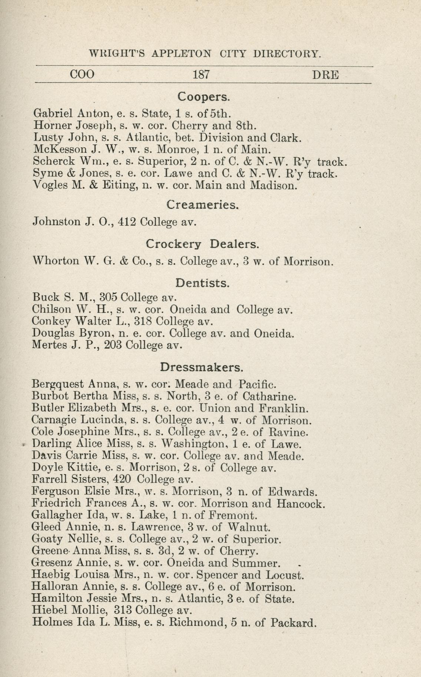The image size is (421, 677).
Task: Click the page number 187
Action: point(202,75)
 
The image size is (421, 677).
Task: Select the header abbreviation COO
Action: point(82,75)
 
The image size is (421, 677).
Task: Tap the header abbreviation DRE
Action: point(326,75)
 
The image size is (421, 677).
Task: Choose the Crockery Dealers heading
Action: point(202,244)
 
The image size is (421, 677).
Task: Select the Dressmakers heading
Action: point(202,367)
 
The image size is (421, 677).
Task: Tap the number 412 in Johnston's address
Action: point(127,222)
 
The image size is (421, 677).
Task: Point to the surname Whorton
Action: point(56,261)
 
